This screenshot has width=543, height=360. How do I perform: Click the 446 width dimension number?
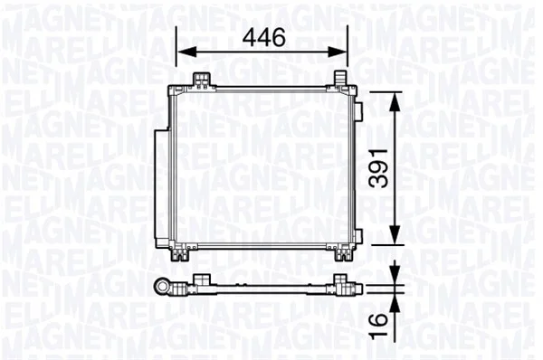(x=264, y=37)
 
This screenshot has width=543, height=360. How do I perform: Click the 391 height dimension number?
(x=377, y=168)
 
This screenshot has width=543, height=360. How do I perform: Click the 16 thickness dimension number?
(x=377, y=326)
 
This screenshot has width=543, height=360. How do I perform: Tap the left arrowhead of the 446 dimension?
(x=186, y=52)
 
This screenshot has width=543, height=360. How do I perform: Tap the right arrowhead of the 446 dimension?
(x=338, y=52)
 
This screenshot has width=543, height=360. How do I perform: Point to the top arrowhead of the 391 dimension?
(x=395, y=101)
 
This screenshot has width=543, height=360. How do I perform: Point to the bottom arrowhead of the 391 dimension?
(x=395, y=234)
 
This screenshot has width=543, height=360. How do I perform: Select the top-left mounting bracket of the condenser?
(x=202, y=80)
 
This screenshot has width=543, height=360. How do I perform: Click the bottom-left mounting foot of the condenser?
(x=181, y=255)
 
